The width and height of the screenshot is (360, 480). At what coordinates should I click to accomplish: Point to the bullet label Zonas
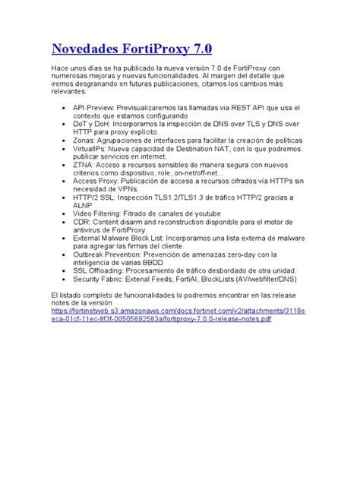click(85, 141)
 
